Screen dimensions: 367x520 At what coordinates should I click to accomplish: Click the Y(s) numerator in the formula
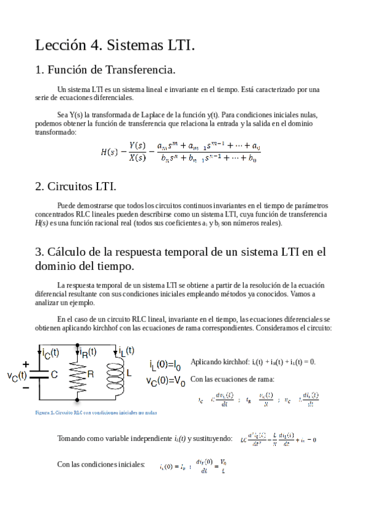[x=140, y=145]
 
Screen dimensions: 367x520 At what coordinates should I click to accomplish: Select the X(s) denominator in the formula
[x=140, y=158]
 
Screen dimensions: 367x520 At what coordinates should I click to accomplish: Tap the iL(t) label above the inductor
[x=126, y=351]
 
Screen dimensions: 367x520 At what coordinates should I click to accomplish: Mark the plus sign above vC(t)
[x=25, y=364]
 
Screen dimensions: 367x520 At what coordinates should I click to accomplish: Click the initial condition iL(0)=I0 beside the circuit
[x=165, y=365]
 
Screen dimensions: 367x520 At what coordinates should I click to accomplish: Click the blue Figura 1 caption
[x=96, y=413]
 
